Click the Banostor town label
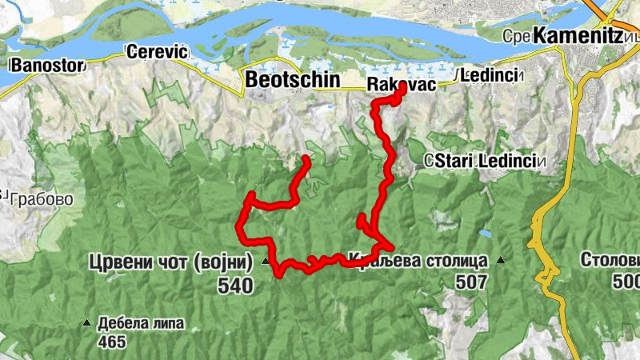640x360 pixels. (44, 64)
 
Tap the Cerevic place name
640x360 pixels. (157, 52)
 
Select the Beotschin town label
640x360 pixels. (293, 80)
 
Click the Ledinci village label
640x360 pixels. (490, 77)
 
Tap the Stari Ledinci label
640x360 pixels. (485, 161)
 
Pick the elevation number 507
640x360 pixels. (470, 282)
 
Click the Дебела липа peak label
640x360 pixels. (142, 325)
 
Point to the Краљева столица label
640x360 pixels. (418, 261)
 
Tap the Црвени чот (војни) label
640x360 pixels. (172, 262)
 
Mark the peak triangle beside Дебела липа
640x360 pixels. (86, 324)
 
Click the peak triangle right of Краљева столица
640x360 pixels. (501, 260)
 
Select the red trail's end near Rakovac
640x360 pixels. (400, 90)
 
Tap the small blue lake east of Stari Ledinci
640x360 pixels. (485, 234)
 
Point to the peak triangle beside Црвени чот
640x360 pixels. (265, 261)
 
